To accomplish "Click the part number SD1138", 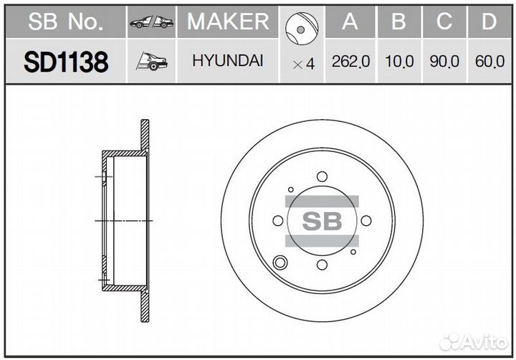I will coord(66,62).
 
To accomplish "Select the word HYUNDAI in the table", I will coord(227,61).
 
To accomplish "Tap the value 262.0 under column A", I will coord(350,62).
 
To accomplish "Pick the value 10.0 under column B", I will coord(398,62).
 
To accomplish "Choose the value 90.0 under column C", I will coord(444,62).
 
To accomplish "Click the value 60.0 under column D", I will coord(489,62).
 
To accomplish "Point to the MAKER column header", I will coord(228,22).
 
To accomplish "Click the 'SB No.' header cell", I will coord(66,23).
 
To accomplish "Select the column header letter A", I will coord(350,22).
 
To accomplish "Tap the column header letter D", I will coord(489,22).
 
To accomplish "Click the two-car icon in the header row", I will coord(151,23).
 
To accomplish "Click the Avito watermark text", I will coord(482,341).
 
